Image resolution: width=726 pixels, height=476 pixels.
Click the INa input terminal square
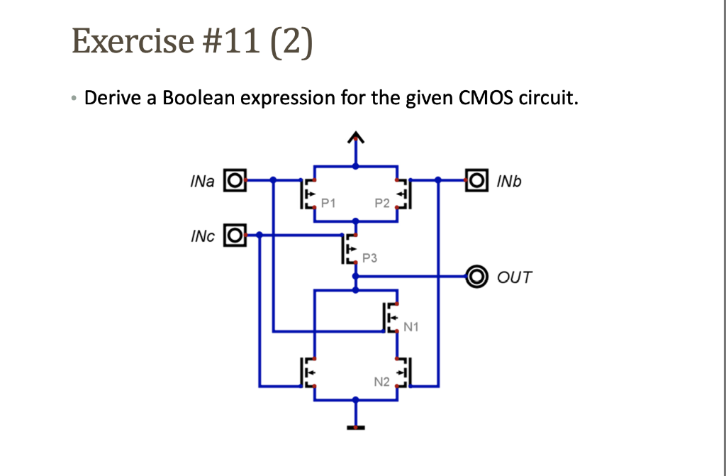[x=235, y=182]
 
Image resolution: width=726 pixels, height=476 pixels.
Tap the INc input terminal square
[x=235, y=233]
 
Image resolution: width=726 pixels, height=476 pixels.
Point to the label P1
[x=328, y=204]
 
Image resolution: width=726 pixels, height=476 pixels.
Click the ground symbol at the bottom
[x=356, y=427]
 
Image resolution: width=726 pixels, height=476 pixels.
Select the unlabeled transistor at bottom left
[x=308, y=371]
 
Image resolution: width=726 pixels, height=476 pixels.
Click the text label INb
[x=508, y=182]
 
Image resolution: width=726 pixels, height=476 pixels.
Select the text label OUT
[x=514, y=277]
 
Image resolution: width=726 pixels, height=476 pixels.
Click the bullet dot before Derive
[x=75, y=98]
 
